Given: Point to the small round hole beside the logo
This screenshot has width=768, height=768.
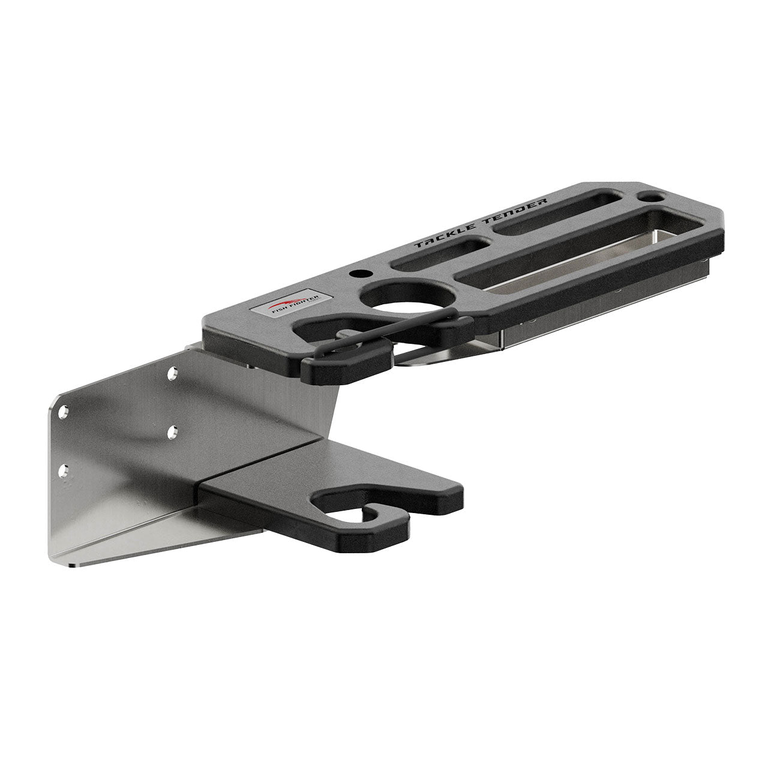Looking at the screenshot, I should pyautogui.click(x=359, y=274).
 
